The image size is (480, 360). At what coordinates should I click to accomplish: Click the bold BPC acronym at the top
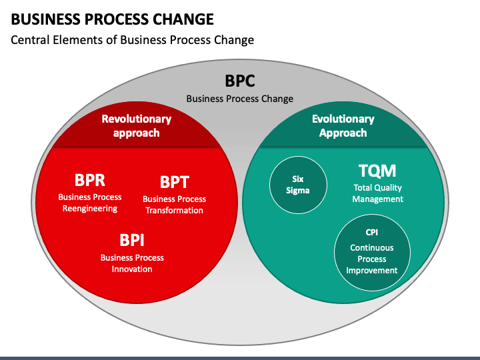click(240, 81)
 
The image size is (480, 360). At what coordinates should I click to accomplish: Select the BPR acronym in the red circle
click(90, 180)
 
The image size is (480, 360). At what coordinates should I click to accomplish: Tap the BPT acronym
click(175, 182)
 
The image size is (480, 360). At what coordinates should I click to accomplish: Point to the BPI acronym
click(132, 240)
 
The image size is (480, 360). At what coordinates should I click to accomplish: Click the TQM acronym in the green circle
click(377, 171)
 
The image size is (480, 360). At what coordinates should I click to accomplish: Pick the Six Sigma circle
click(298, 185)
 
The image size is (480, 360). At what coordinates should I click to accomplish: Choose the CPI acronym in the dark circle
click(371, 233)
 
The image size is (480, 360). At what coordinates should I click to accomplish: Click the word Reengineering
click(90, 209)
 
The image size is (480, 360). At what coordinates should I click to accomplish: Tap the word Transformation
click(174, 211)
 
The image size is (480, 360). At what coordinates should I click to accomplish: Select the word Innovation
click(132, 269)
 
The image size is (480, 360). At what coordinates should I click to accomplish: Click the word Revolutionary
click(137, 119)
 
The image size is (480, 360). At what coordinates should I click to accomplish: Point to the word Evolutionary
click(343, 119)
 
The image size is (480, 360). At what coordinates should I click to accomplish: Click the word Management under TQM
click(378, 199)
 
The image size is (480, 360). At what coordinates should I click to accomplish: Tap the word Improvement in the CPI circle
click(371, 271)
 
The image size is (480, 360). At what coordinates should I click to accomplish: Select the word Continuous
click(371, 247)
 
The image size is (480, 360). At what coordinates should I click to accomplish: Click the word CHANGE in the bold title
click(183, 19)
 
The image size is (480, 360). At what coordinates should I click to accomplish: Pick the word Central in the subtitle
click(30, 40)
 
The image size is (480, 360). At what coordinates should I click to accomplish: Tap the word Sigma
click(298, 191)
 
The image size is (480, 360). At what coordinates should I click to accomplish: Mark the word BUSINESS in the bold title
click(46, 19)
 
